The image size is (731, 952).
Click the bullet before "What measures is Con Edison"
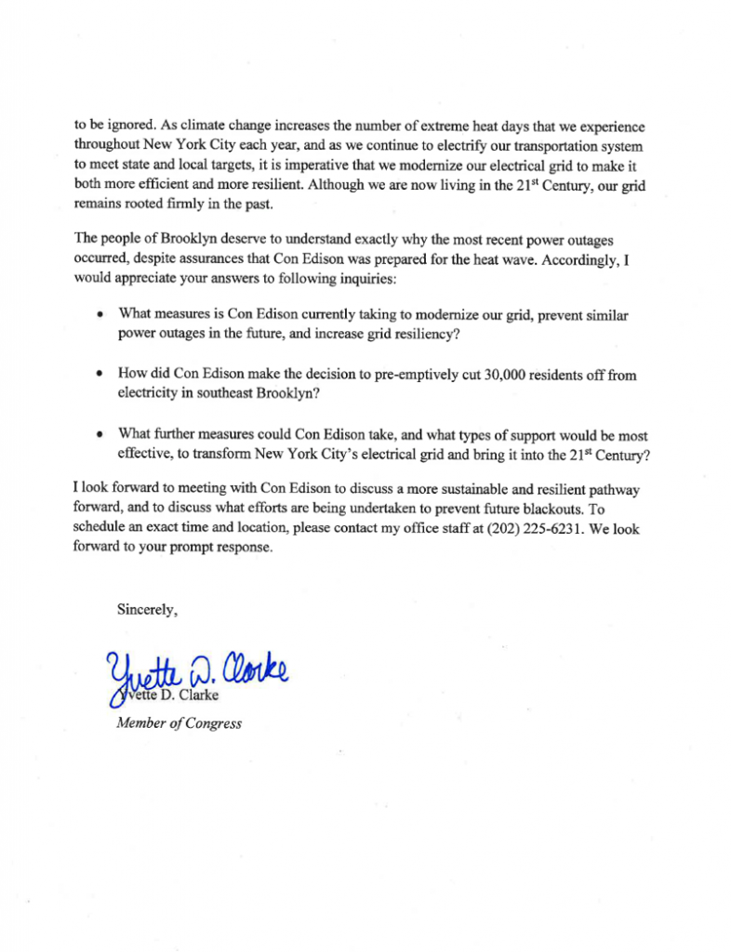point(100,316)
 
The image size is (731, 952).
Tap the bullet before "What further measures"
point(100,434)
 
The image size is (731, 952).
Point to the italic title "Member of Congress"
point(179,723)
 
